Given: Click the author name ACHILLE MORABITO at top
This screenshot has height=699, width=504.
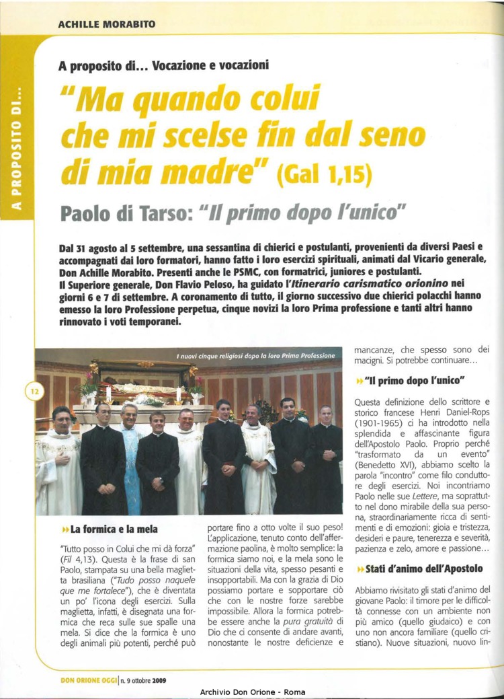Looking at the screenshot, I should (106, 25).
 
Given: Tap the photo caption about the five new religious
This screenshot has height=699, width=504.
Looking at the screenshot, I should (255, 355).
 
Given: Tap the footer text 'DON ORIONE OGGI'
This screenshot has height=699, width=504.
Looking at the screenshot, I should (87, 680).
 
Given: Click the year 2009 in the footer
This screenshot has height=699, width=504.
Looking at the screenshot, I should (159, 680).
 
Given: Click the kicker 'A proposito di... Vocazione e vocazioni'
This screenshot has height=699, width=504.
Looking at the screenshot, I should (163, 66).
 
